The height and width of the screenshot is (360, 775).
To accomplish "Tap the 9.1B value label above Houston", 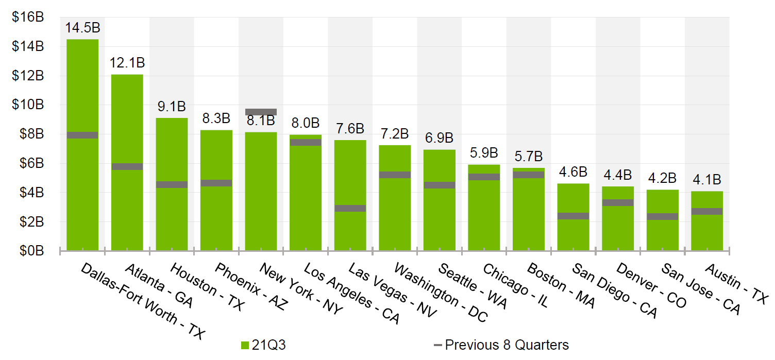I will click(172, 107).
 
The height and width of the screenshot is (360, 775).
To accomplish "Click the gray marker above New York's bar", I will click(261, 112).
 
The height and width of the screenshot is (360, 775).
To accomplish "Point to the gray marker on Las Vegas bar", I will click(350, 208).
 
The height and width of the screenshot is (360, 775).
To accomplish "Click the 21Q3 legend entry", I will click(263, 345).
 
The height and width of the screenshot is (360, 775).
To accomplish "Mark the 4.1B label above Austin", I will click(706, 180).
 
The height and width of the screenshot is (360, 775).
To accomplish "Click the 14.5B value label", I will click(82, 28).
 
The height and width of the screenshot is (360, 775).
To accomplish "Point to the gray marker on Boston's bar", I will click(528, 175).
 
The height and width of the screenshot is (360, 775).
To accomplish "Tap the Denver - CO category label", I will click(651, 286).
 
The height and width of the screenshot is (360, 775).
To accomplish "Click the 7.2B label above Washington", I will click(394, 134).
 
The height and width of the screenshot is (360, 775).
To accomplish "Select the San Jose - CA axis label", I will click(701, 289).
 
